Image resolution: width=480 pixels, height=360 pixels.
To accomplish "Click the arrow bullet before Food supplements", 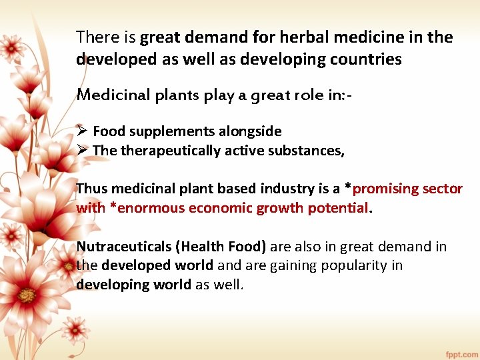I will (x=82, y=131).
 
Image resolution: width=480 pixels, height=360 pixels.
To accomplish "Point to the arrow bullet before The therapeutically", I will (x=82, y=151).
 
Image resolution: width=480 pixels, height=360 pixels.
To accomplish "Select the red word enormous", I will (x=151, y=208).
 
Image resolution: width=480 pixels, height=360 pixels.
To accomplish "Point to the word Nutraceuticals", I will (x=124, y=247).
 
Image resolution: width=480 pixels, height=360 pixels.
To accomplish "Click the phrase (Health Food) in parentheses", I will (x=221, y=247).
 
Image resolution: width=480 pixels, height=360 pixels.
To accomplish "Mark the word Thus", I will (x=91, y=189).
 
